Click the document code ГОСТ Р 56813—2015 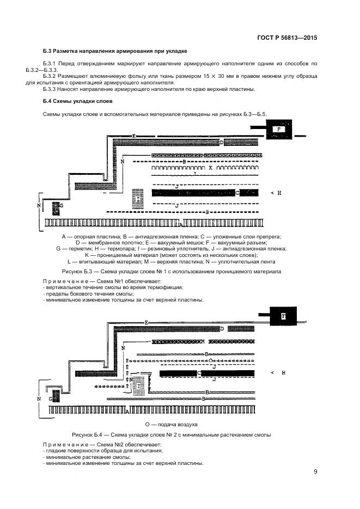click(x=287, y=39)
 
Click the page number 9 click(x=315, y=471)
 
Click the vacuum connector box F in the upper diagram click(x=279, y=130)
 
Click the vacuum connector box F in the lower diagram click(x=282, y=316)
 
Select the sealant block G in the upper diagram click(x=56, y=207)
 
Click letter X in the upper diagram click(x=210, y=169)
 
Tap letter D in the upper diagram click(x=222, y=142)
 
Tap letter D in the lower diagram click(x=222, y=329)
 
